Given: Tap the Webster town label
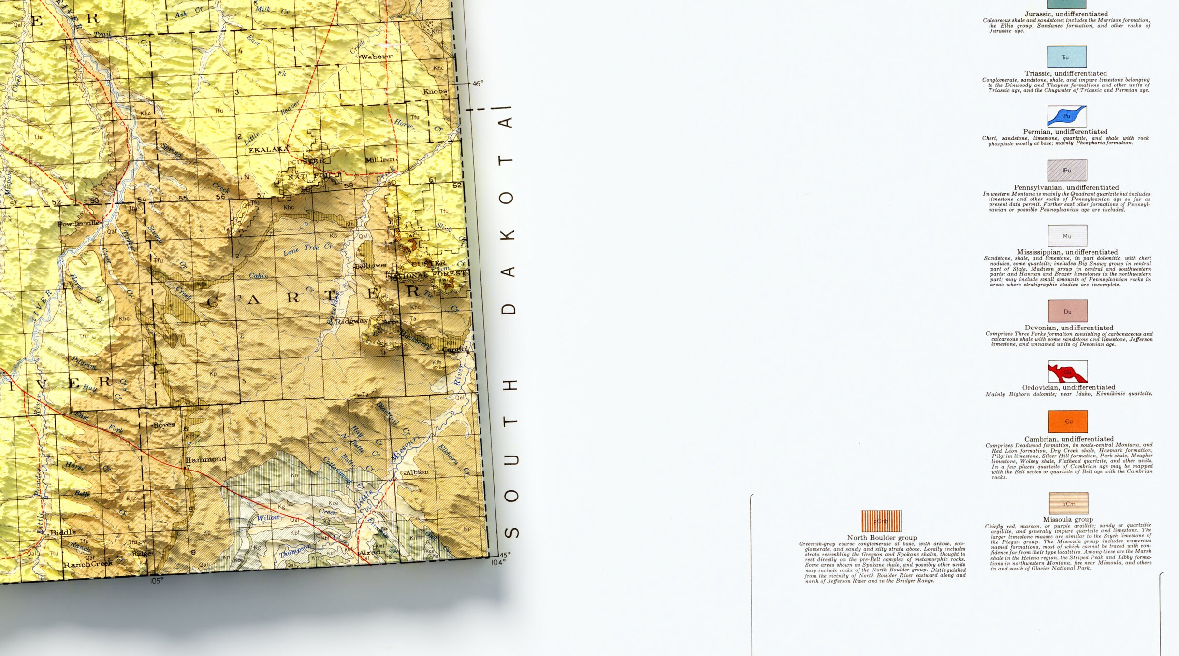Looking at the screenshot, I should click(x=376, y=57).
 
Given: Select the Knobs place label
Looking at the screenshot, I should click(x=435, y=91).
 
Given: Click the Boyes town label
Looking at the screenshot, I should click(x=164, y=425).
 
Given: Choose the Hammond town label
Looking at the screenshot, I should click(x=205, y=459).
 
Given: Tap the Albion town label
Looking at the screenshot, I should click(x=417, y=472).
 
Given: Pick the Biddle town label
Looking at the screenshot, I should click(x=63, y=532).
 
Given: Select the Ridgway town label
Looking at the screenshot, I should click(x=351, y=321).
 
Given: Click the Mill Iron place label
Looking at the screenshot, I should click(x=380, y=160).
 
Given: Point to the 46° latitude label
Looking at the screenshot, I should click(x=478, y=84).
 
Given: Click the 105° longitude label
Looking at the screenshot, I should click(x=157, y=581).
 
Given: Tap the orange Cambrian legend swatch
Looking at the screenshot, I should click(x=1068, y=421).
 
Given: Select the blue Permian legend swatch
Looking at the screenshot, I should click(x=1067, y=116).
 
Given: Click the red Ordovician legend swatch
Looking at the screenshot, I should click(x=1067, y=371).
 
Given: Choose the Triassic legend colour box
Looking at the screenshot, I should click(x=1066, y=57).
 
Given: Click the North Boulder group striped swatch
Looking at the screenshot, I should click(x=881, y=521).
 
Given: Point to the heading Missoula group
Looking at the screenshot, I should click(x=1068, y=519).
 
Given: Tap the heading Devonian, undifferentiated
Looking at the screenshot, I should click(x=1068, y=328).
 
